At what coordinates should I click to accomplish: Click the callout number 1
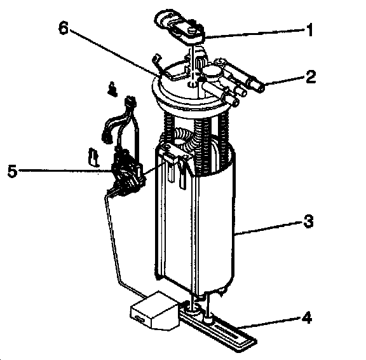(x=309, y=30)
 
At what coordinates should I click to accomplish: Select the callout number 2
(x=311, y=76)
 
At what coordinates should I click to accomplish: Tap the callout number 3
(x=308, y=221)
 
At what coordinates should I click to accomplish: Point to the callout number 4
(x=306, y=317)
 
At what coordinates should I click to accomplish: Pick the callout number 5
(x=13, y=170)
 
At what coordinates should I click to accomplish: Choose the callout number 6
(x=64, y=29)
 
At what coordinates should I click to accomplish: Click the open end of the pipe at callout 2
(x=262, y=88)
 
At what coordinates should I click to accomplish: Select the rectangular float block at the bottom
(x=154, y=310)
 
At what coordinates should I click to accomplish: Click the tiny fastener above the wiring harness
(x=112, y=89)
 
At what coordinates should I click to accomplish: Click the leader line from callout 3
(x=268, y=227)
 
